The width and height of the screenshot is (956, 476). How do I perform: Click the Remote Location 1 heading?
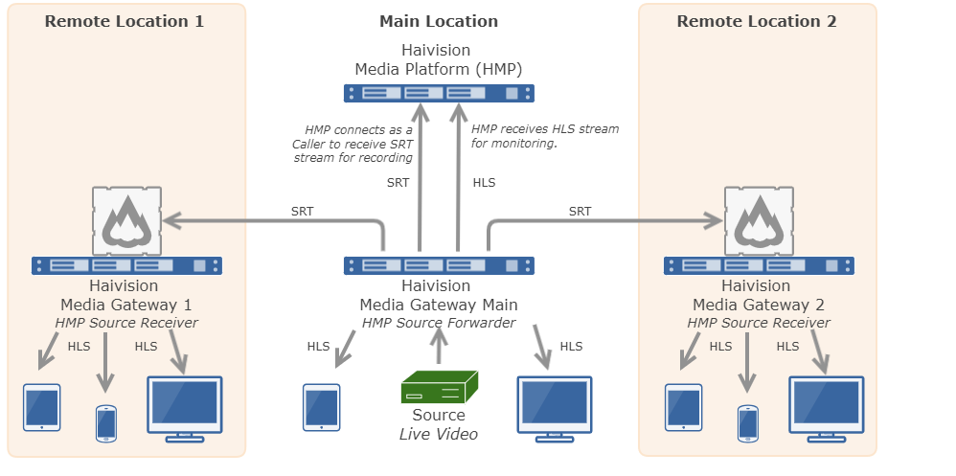(125, 21)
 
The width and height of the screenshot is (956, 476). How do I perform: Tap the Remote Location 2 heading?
(757, 21)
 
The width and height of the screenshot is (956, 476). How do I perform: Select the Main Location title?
(439, 21)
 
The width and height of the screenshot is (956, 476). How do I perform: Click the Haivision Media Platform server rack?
(439, 93)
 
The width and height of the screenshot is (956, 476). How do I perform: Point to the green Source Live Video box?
(439, 388)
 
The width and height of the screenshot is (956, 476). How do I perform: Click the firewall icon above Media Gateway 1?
(127, 221)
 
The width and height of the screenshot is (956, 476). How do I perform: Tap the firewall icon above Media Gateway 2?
(760, 221)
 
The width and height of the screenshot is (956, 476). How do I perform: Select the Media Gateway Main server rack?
(439, 265)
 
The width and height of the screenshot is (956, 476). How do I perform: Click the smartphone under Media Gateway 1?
(105, 422)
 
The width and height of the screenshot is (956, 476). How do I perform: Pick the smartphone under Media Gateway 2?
(747, 422)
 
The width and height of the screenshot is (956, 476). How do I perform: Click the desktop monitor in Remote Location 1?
(184, 407)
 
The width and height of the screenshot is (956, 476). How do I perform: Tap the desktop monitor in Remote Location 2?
(826, 407)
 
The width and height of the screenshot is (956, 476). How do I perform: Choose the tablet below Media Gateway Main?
(321, 407)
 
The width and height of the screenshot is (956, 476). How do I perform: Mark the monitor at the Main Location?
(555, 407)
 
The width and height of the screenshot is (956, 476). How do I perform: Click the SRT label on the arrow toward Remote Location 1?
(302, 212)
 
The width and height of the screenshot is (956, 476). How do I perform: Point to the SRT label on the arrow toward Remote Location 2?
(580, 212)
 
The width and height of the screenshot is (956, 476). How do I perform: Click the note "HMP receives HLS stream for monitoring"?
(544, 136)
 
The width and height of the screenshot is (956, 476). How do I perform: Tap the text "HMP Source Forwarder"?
(439, 323)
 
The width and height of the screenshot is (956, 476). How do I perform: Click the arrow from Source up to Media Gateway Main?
(439, 350)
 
